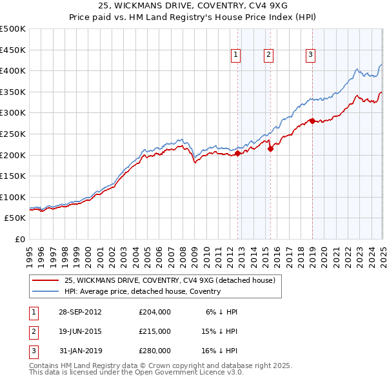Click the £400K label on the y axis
[13, 70]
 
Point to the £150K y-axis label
[13, 176]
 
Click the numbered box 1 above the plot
[237, 56]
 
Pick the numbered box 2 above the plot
[268, 56]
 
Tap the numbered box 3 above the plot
[310, 56]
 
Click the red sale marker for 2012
[237, 154]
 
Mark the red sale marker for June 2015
[270, 149]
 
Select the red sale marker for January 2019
[312, 121]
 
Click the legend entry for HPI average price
[143, 291]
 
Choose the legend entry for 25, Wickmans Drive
[170, 280]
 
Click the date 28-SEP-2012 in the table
[80, 312]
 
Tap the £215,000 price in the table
[155, 331]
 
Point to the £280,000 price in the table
[155, 351]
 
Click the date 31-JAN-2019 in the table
[80, 351]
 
